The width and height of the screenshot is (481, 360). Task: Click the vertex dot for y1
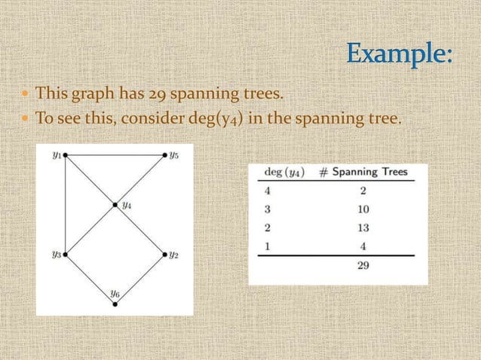coord(66,155)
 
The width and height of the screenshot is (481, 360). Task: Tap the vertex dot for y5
coord(164,155)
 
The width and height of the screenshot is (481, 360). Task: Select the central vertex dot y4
coord(115,204)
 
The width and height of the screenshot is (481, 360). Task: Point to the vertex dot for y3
coord(66,255)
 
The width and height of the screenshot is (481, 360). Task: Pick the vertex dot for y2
coord(164,255)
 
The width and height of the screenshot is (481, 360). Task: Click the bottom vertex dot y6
coord(115,304)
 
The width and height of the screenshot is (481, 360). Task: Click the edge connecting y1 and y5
coord(115,155)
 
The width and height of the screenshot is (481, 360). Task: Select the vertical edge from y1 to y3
coord(66,205)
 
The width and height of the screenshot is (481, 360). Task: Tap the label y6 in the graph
coord(115,292)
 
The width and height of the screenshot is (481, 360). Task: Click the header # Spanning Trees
coord(363,172)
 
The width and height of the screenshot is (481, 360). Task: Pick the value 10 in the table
coord(363,206)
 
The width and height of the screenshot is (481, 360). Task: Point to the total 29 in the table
coord(363,266)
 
